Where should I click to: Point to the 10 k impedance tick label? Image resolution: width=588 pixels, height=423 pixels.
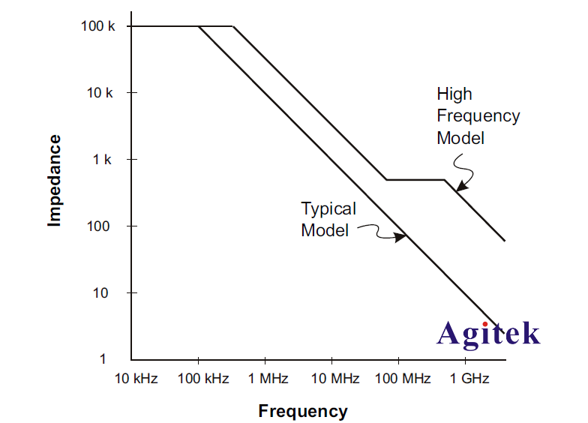[x=100, y=93]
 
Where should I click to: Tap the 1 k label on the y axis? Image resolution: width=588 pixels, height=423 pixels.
[x=103, y=160]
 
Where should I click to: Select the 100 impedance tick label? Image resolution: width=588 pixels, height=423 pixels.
[x=100, y=226]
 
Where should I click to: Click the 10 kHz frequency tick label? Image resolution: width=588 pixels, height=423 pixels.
[x=136, y=378]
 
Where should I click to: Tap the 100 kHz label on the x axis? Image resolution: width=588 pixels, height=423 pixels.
[x=202, y=378]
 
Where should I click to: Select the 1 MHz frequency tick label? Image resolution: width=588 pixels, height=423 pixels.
[x=268, y=378]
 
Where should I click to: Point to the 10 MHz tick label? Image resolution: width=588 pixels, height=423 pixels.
[x=335, y=378]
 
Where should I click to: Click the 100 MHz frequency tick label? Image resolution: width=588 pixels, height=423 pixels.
[x=403, y=378]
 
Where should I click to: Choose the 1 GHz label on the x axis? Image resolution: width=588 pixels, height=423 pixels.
[x=469, y=378]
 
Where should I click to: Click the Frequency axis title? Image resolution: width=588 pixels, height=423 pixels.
[x=303, y=411]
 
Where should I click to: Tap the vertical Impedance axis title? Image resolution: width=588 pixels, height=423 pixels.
[x=54, y=180]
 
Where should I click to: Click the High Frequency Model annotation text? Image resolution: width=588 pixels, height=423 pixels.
[x=478, y=116]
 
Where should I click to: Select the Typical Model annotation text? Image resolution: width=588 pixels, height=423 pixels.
[x=328, y=219]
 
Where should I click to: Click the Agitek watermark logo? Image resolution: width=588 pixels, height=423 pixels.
[x=488, y=334]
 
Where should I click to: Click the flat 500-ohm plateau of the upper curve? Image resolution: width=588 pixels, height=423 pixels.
[x=415, y=180]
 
